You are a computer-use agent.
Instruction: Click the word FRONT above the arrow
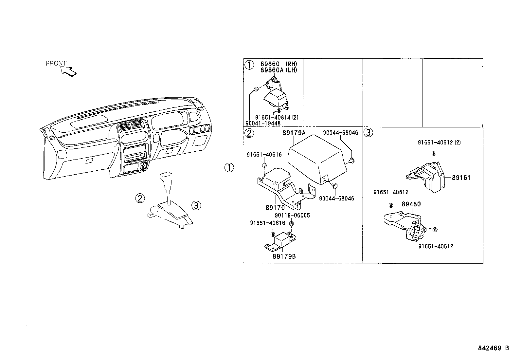click(56, 63)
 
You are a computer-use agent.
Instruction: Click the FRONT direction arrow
click(69, 71)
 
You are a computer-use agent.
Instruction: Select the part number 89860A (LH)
click(278, 70)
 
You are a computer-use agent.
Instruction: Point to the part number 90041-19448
click(263, 123)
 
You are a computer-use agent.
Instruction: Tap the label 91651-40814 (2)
click(277, 117)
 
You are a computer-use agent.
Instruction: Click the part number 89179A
click(294, 133)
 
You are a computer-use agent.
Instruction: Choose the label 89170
click(275, 208)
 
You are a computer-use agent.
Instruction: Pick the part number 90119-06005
click(292, 215)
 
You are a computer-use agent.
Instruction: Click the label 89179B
click(284, 256)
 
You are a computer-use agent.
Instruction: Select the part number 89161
click(461, 178)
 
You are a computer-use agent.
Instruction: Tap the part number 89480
click(411, 204)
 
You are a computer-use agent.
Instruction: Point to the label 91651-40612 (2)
click(439, 142)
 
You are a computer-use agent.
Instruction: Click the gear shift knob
click(166, 181)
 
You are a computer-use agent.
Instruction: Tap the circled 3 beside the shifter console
click(196, 205)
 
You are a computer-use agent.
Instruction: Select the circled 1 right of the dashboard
click(229, 167)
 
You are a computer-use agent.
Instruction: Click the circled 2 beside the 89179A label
click(249, 133)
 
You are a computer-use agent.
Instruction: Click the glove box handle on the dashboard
click(89, 161)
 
